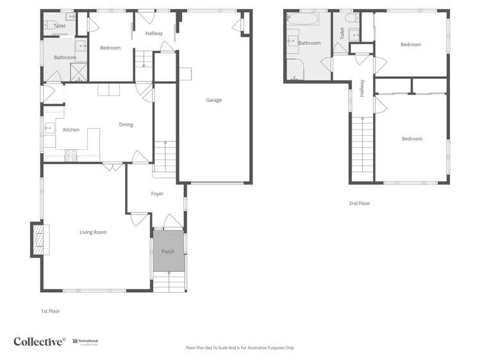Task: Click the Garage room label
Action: click(213, 100)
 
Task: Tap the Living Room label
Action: click(93, 232)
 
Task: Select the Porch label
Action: click(168, 252)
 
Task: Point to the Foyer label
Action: click(157, 193)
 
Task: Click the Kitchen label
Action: click(71, 130)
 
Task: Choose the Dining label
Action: click(126, 124)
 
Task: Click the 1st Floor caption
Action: click(50, 311)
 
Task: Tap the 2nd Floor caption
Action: click(359, 203)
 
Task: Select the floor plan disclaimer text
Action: click(240, 348)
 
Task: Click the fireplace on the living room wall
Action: click(38, 239)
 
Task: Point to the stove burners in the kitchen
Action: click(70, 154)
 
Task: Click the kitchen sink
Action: click(49, 129)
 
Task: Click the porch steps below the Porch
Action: click(169, 281)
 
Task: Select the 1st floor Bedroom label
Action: click(110, 48)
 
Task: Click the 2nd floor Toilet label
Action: click(342, 33)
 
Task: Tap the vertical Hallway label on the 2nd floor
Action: click(362, 88)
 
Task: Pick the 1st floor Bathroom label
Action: click(65, 58)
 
